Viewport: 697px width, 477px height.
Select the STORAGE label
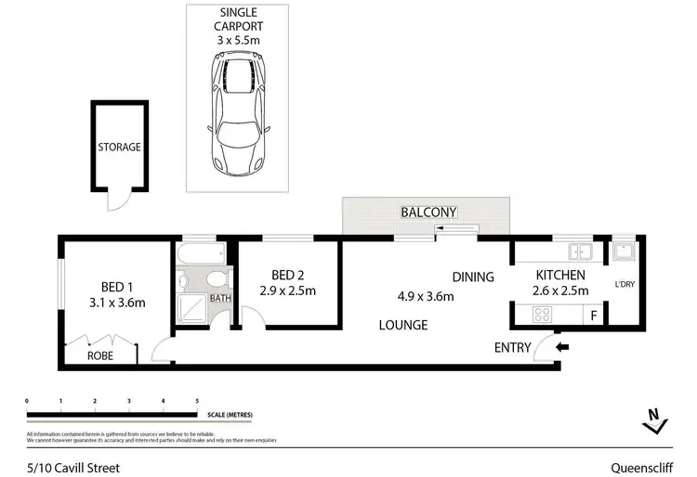click(x=120, y=147)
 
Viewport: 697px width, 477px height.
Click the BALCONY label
click(x=428, y=213)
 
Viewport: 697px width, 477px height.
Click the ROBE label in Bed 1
click(x=100, y=355)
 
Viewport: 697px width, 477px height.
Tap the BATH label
click(x=220, y=299)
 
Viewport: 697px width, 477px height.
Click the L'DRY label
click(x=623, y=285)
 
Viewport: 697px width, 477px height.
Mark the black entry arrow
click(x=561, y=348)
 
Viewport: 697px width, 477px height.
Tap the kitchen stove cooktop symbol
click(x=541, y=316)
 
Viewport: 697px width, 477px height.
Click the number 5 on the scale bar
click(x=197, y=401)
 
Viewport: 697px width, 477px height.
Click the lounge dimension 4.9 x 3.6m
click(x=427, y=297)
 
